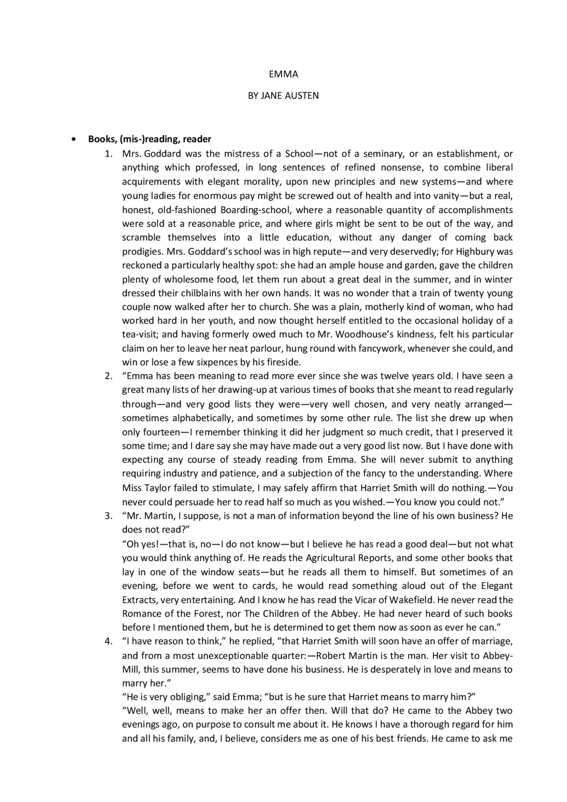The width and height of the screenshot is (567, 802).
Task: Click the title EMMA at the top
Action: coord(283,74)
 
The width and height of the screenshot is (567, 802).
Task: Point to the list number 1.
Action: coord(108,154)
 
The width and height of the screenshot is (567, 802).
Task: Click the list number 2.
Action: coord(108,376)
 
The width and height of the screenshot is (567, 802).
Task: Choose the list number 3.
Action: coord(108,516)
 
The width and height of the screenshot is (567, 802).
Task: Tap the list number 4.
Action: coord(108,641)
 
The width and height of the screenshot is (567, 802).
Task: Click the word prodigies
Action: coord(142,252)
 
